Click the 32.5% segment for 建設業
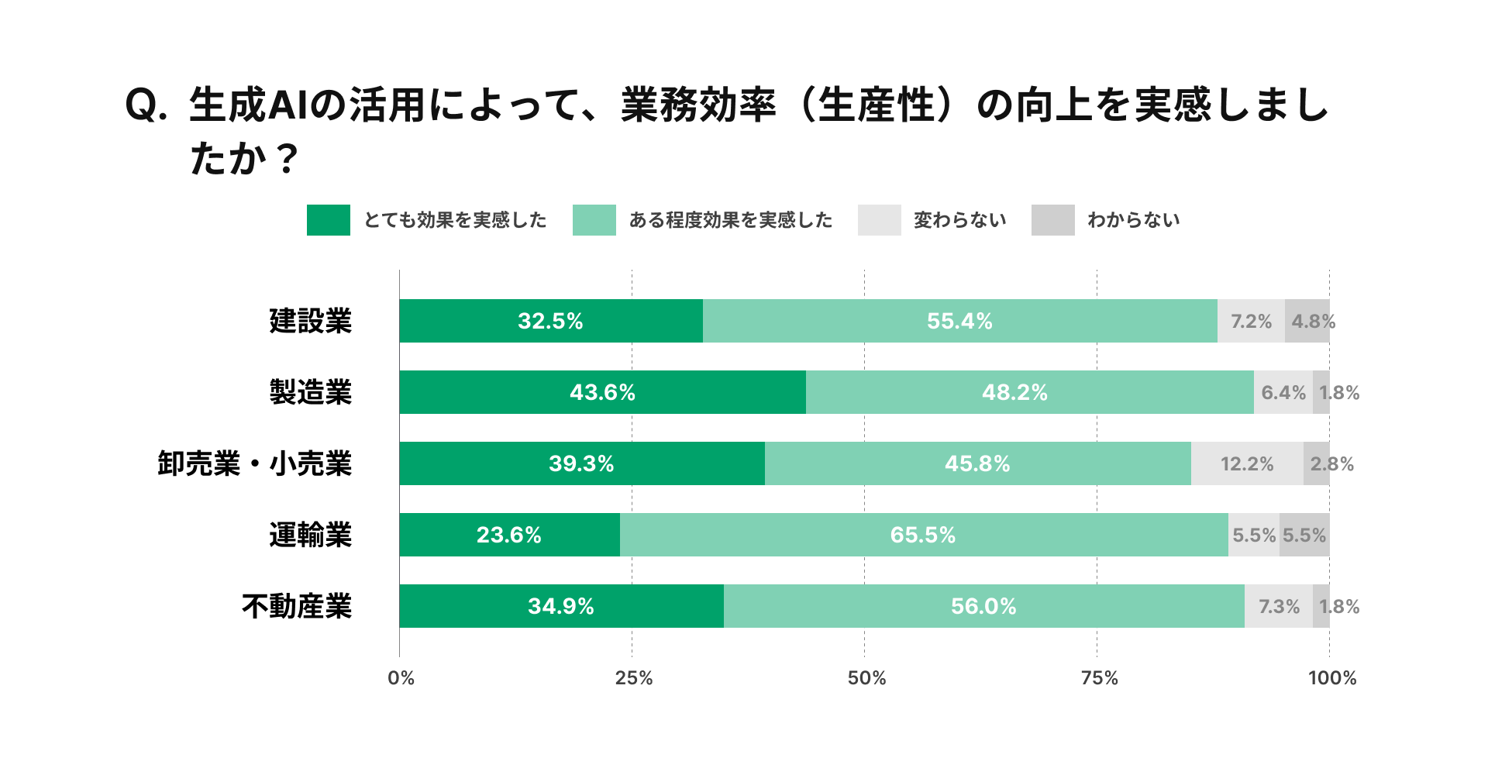tap(550, 321)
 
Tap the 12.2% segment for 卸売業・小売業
tap(1247, 463)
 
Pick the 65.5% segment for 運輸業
tap(923, 535)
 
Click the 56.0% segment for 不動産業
tap(983, 606)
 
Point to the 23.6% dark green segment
tap(509, 535)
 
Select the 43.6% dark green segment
tap(602, 392)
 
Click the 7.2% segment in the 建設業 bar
tap(1251, 321)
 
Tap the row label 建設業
tap(310, 321)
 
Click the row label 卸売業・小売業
tap(254, 463)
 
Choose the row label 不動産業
tap(296, 606)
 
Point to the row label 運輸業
tap(310, 535)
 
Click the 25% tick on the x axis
tap(633, 678)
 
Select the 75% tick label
tap(1099, 678)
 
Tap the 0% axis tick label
tap(401, 678)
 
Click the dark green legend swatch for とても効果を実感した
tap(328, 220)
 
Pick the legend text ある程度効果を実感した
tap(730, 220)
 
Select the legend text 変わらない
tap(959, 220)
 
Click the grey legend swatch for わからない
tap(1052, 220)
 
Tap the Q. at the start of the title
tap(146, 105)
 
